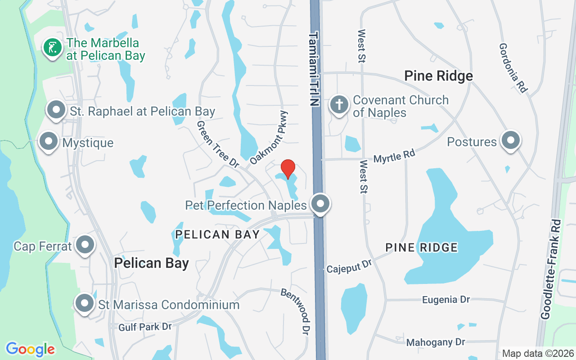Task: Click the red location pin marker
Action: point(288,168)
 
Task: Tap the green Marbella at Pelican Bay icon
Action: point(53,48)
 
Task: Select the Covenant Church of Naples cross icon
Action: point(339,105)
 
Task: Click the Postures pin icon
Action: point(510,141)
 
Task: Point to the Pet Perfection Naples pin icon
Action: point(320,204)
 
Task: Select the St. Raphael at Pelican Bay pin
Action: point(57,110)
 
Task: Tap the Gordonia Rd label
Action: point(513,68)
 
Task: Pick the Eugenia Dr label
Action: point(446,300)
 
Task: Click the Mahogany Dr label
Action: point(436,342)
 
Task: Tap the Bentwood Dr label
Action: point(296,311)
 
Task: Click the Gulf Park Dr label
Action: point(145,326)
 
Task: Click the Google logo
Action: point(30,349)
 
